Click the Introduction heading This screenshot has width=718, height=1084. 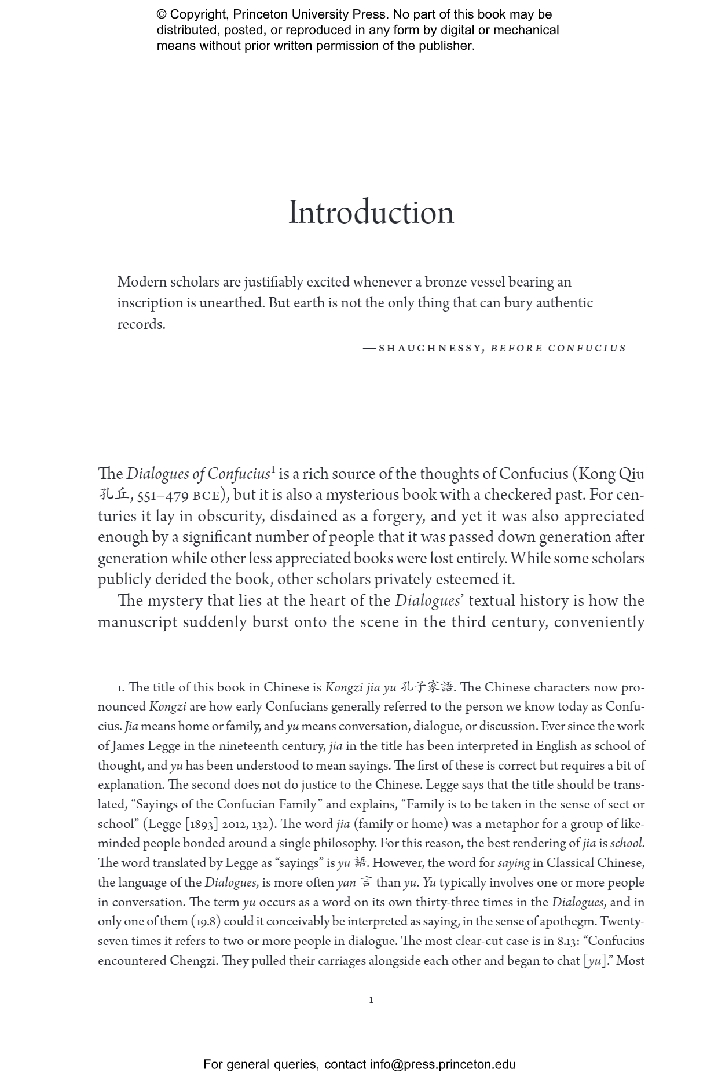[371, 213]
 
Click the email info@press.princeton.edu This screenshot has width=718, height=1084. [443, 1064]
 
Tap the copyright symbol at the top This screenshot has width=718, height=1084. [162, 15]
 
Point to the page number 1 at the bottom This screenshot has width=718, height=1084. [371, 1000]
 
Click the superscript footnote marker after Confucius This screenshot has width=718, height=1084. [273, 469]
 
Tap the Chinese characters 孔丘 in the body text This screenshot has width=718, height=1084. [113, 495]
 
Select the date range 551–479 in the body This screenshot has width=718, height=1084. [162, 496]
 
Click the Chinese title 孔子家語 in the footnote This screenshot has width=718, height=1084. [427, 687]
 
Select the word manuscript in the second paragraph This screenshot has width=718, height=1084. [137, 622]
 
